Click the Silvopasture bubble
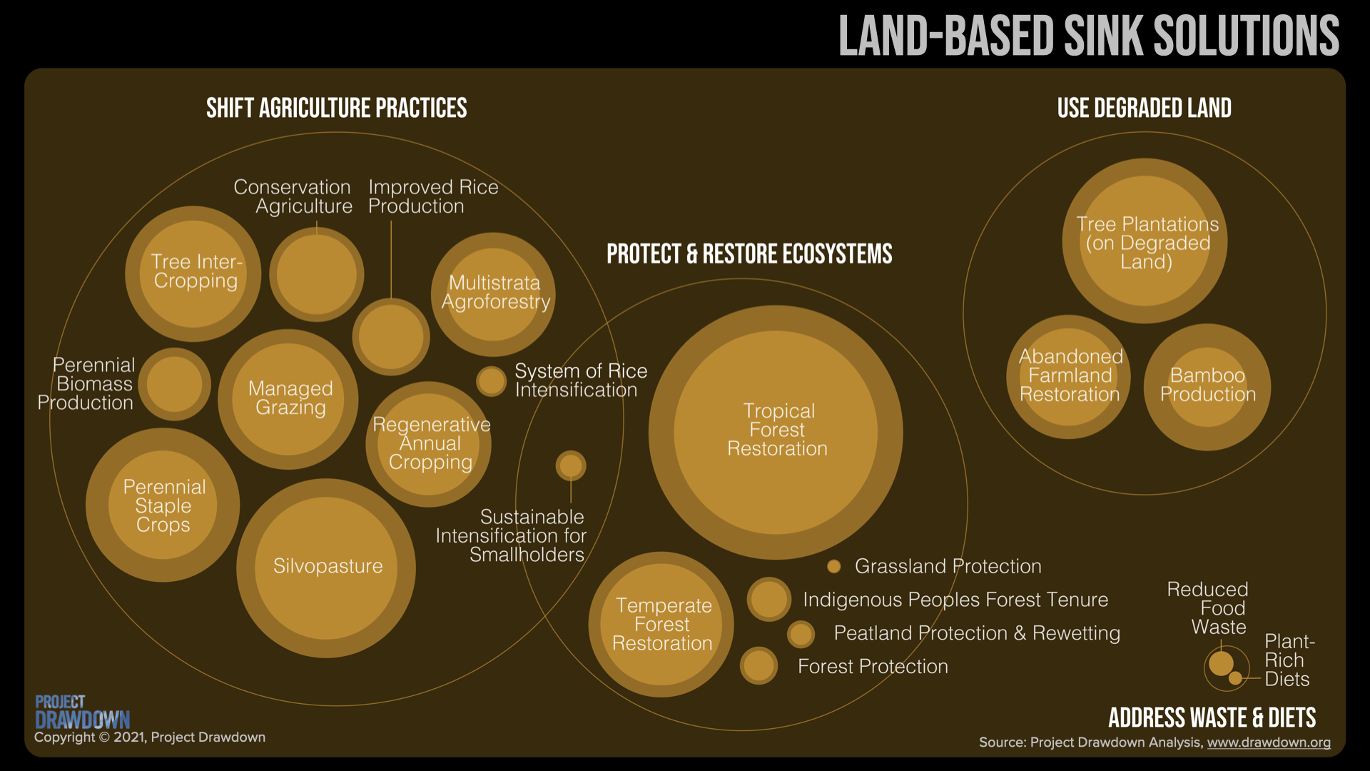[326, 568]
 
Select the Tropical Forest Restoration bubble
[776, 433]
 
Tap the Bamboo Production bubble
[1207, 387]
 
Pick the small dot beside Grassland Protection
[833, 567]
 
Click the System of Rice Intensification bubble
[492, 381]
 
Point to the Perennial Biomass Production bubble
[175, 384]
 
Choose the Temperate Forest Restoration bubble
[661, 625]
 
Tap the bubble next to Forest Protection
[759, 666]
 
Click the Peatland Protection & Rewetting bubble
[801, 634]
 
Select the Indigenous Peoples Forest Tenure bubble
[769, 599]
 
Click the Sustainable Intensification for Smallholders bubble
[571, 465]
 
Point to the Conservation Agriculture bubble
[317, 274]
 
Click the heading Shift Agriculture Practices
[337, 109]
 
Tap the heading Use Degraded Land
[1145, 109]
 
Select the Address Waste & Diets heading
[1212, 717]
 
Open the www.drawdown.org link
[1269, 742]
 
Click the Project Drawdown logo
[83, 712]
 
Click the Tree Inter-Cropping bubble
[193, 274]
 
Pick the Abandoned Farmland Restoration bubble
[1069, 377]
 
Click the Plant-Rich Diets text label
[1289, 660]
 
